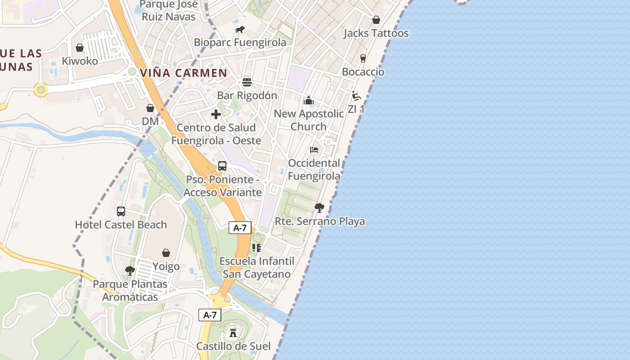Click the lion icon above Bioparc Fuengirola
pyautogui.click(x=240, y=30)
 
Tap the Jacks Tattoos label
pyautogui.click(x=376, y=33)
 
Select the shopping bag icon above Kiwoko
pyautogui.click(x=80, y=48)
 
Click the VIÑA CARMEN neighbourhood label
pyautogui.click(x=184, y=73)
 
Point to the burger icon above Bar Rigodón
pyautogui.click(x=247, y=82)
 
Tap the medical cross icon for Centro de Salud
pyautogui.click(x=216, y=114)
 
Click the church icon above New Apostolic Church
pyautogui.click(x=309, y=100)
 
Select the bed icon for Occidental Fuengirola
pyautogui.click(x=314, y=149)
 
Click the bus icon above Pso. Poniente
pyautogui.click(x=222, y=166)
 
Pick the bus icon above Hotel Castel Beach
pyautogui.click(x=121, y=211)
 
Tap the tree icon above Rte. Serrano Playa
pyautogui.click(x=319, y=208)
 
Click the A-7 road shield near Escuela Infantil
pyautogui.click(x=240, y=228)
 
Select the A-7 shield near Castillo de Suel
pyautogui.click(x=210, y=315)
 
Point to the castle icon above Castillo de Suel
pyautogui.click(x=233, y=333)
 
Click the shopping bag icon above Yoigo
pyautogui.click(x=166, y=253)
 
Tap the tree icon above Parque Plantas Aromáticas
pyautogui.click(x=130, y=271)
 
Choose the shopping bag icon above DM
pyautogui.click(x=150, y=108)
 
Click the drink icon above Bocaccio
pyautogui.click(x=363, y=58)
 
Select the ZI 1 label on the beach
pyautogui.click(x=356, y=109)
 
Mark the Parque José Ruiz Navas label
pyautogui.click(x=169, y=11)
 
